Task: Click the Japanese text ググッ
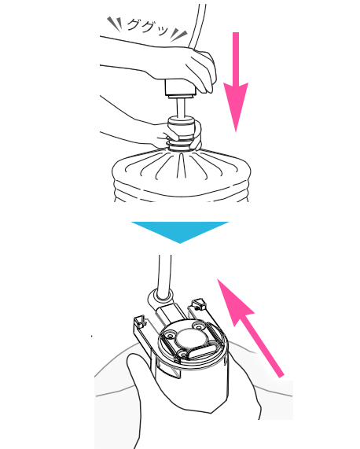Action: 147,27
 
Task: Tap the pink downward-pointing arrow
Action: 236,82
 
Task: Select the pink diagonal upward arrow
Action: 250,328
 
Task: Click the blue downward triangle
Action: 180,232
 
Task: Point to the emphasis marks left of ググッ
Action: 115,23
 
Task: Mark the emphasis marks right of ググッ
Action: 179,35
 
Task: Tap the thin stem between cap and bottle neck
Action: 181,107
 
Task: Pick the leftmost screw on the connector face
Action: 171,335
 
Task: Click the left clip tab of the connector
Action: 140,323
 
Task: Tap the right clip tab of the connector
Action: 200,304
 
